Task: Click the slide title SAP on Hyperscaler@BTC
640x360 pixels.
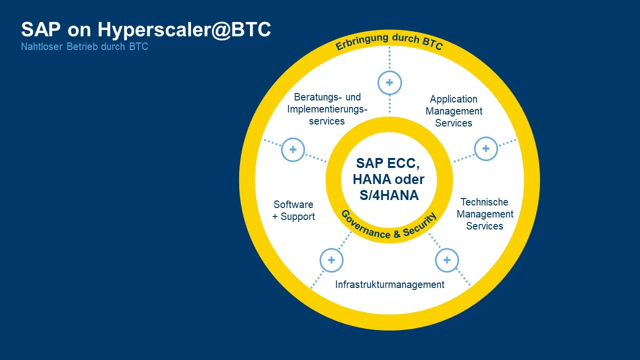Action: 146,30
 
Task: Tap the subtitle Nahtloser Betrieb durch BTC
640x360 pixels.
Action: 84,46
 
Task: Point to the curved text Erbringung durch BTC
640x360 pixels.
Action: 389,41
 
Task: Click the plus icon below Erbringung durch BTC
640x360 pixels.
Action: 389,83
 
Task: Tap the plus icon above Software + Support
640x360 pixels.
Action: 293,149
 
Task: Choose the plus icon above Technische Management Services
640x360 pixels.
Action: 485,148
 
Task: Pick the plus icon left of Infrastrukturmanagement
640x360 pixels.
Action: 331,260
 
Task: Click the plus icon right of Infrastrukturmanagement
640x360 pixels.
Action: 447,260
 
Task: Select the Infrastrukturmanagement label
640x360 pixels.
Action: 389,284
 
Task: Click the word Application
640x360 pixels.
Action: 453,99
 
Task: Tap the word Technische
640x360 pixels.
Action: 484,202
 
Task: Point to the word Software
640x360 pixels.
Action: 293,204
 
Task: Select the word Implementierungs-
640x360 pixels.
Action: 327,109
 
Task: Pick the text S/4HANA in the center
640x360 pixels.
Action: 389,195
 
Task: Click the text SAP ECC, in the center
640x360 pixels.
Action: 388,163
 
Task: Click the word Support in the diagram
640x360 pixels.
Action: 297,217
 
